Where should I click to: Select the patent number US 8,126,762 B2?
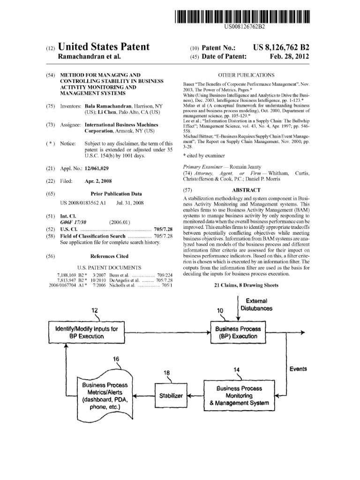(x=281, y=48)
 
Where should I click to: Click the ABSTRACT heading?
(x=246, y=190)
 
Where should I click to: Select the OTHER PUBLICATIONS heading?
(x=246, y=75)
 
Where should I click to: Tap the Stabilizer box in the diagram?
(x=171, y=396)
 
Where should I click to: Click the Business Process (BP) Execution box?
(x=238, y=332)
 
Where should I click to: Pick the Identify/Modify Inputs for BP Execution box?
(x=87, y=332)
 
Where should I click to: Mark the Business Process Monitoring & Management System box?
(x=239, y=396)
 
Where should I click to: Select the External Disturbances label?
(x=256, y=304)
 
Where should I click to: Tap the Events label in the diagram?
(x=298, y=369)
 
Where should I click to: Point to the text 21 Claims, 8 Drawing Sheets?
(x=246, y=285)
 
